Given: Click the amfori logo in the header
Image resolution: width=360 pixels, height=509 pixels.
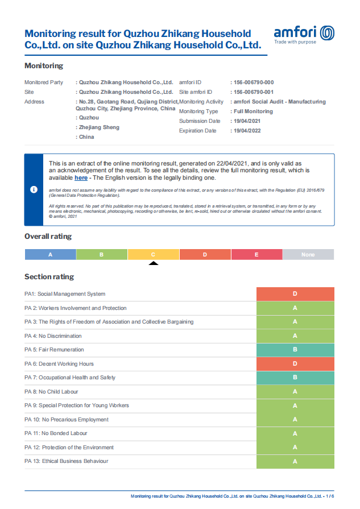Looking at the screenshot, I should (x=304, y=34).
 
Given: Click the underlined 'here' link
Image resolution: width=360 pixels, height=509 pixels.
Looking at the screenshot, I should (x=81, y=178).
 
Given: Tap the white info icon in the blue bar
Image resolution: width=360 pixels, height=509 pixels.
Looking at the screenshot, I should (x=34, y=189).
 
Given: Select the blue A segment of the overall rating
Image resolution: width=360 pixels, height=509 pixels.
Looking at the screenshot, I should (x=50, y=254).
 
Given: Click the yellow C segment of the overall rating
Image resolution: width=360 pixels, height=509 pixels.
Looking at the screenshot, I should (x=153, y=254).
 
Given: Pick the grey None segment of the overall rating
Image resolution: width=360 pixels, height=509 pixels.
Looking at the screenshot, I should (x=308, y=254).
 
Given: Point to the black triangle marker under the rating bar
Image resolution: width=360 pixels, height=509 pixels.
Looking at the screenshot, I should (x=153, y=263).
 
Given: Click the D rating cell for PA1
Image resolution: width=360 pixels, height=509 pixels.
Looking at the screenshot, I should (x=295, y=294).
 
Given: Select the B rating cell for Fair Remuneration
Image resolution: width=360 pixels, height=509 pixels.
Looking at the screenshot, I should (x=295, y=350).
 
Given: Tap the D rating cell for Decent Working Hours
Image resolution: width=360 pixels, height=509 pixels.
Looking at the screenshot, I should (x=295, y=363).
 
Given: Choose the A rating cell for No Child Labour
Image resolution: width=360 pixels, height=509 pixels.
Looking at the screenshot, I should (x=295, y=391).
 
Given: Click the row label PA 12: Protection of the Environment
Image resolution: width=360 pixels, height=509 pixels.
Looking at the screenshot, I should (x=69, y=448).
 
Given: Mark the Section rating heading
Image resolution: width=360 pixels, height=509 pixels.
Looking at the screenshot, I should (x=49, y=277).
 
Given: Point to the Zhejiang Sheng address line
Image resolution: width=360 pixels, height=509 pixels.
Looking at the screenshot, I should (x=100, y=127).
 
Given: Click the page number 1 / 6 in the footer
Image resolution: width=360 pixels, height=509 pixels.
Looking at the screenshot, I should (x=329, y=496).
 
